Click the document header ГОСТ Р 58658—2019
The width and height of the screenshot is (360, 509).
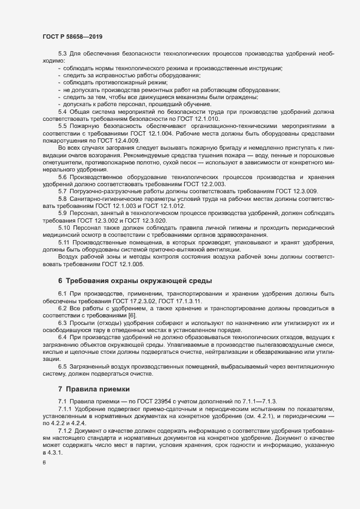pyautogui.click(x=72, y=36)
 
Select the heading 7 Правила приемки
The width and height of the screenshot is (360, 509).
pyautogui.click(x=94, y=389)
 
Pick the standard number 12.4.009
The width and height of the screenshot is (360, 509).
pyautogui.click(x=124, y=139)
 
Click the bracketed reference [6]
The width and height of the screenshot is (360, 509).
pyautogui.click(x=133, y=315)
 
